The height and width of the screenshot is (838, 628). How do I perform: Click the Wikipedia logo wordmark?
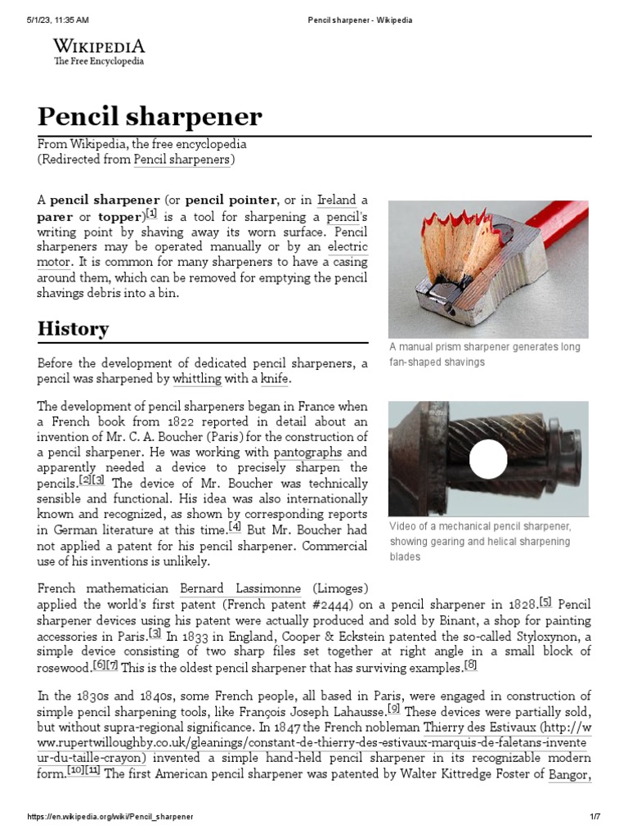coord(98,46)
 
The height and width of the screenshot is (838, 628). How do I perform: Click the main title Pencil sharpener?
coord(150,116)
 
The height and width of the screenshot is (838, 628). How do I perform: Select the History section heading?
coord(73,329)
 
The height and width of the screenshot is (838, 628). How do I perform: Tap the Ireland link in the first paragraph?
coord(337,200)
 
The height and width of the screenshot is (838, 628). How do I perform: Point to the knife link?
coord(274,379)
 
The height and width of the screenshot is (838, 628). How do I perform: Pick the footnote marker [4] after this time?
coord(235,527)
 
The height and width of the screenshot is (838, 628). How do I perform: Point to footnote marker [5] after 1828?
coord(545,601)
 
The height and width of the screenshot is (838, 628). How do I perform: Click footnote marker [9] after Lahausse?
coord(394,708)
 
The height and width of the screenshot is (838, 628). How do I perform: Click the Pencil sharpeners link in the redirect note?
coord(182,160)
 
